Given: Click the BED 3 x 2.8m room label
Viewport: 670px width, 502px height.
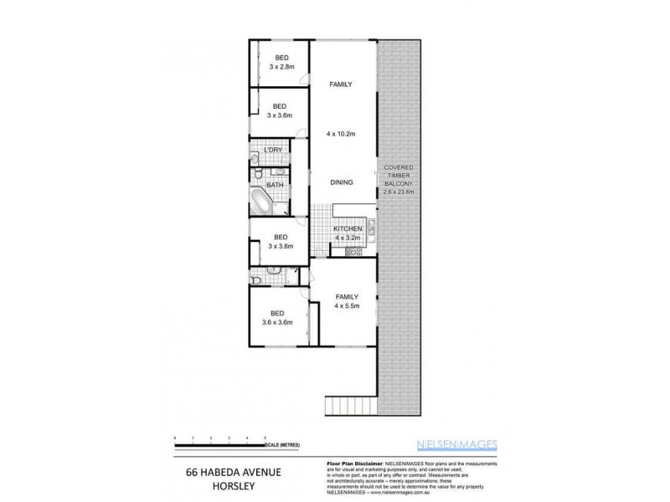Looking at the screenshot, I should click(279, 62).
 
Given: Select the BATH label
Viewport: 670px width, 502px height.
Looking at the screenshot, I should click(275, 184).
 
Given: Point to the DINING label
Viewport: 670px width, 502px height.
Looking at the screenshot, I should click(341, 182).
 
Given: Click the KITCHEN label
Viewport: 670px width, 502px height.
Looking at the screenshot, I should click(347, 228).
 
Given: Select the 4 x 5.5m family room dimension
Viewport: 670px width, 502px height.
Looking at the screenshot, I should click(347, 305).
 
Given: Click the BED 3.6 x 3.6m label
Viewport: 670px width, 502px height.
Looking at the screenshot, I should click(276, 316).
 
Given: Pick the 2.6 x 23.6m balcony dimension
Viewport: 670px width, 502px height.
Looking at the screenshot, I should click(398, 192).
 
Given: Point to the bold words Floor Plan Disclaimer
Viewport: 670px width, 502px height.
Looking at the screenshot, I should click(352, 463).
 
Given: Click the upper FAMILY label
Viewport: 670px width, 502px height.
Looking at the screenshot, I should click(340, 85).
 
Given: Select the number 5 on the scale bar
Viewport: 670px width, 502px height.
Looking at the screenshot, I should click(265, 438).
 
